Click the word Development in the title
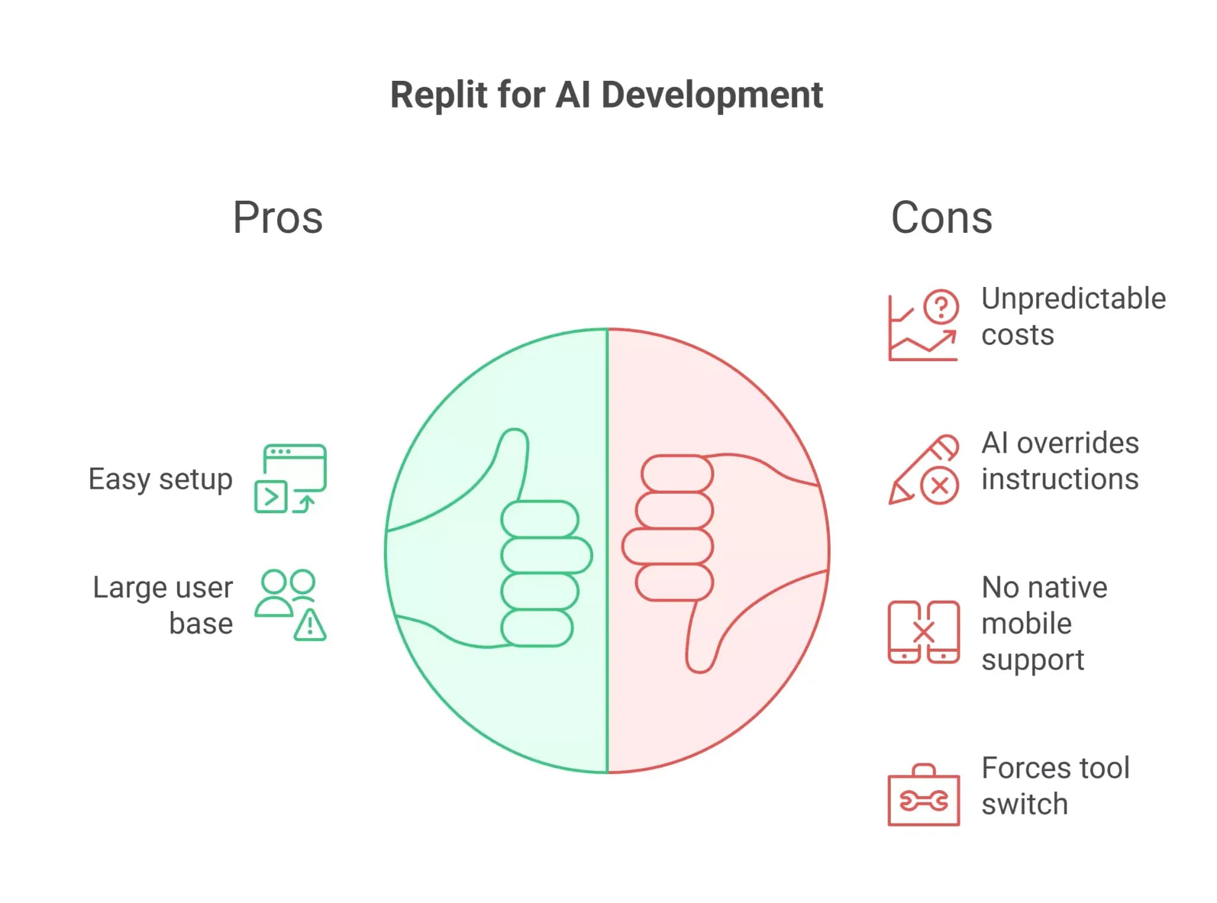click(x=712, y=95)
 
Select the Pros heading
click(x=278, y=217)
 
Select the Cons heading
click(x=942, y=217)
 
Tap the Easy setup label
click(x=160, y=479)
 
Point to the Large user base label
click(x=163, y=605)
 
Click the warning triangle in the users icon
click(x=310, y=625)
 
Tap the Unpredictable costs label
click(x=1073, y=317)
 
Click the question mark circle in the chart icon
click(x=941, y=307)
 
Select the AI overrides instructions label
click(x=1060, y=461)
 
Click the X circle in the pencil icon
click(x=939, y=486)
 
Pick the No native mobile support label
click(x=1044, y=624)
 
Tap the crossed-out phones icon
click(x=923, y=632)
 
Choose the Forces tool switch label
click(x=1055, y=786)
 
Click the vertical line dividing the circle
click(x=607, y=551)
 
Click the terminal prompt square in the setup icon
click(x=271, y=497)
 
